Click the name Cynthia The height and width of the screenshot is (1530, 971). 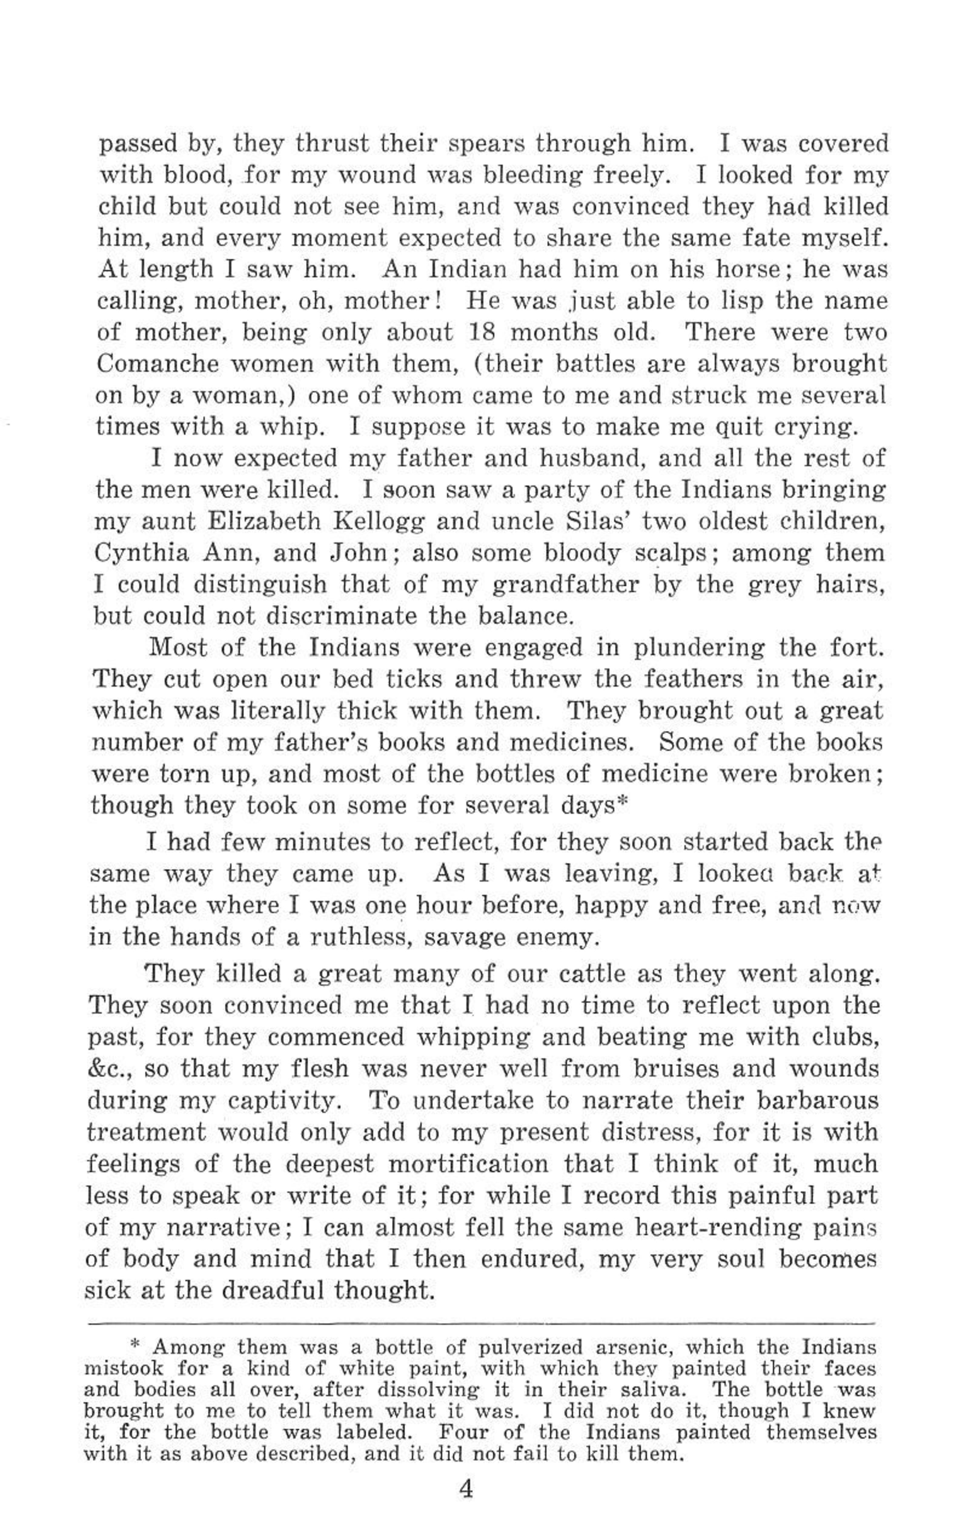(x=141, y=553)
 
